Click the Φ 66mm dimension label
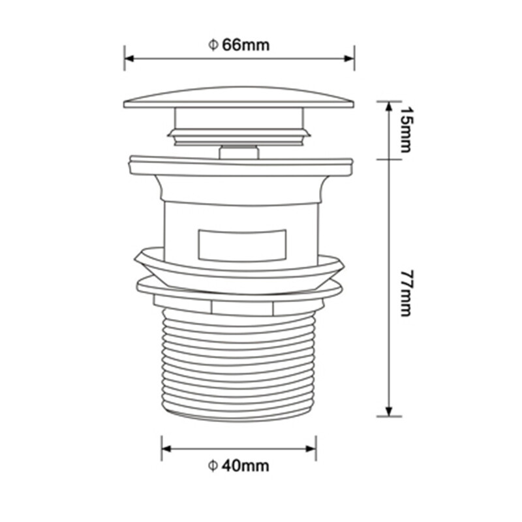(x=239, y=44)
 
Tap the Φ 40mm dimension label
(x=238, y=465)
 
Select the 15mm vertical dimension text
(x=405, y=129)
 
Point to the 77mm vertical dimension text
(x=405, y=293)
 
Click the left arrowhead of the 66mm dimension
(x=129, y=59)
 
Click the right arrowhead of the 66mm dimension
(x=349, y=59)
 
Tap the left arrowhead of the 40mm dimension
(x=166, y=449)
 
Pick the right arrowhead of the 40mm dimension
(x=311, y=449)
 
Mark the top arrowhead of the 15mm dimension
(x=389, y=106)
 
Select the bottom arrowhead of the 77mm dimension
(x=389, y=411)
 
